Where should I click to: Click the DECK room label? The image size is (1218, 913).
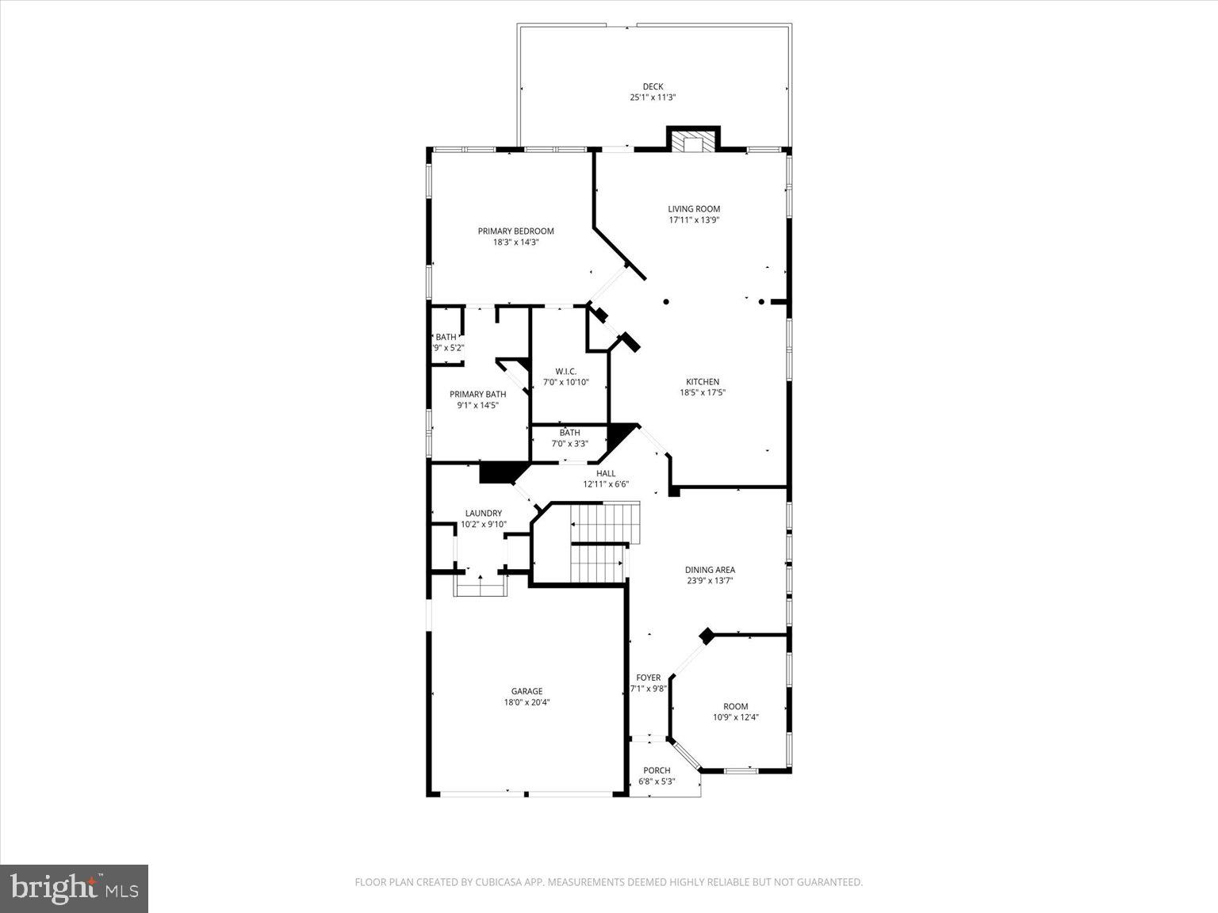[x=653, y=86]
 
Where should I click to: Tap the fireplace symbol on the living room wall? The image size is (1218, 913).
[x=693, y=141]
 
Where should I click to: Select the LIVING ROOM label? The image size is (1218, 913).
[x=694, y=209]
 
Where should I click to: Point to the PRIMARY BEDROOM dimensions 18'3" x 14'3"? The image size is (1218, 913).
[x=515, y=243]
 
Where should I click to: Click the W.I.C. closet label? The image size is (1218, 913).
[x=565, y=371]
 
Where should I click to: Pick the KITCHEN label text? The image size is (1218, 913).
[x=703, y=381]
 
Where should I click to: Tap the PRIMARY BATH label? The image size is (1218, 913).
[x=477, y=394]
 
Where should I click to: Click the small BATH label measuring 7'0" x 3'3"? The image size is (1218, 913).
[x=569, y=433]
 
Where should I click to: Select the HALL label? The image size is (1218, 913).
[x=606, y=473]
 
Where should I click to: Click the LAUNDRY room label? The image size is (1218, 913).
[x=483, y=513]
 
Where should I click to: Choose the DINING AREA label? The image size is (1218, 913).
[x=710, y=569]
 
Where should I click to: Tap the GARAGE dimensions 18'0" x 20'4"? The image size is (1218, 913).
[x=527, y=702]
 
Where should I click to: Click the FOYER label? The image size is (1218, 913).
[x=648, y=678]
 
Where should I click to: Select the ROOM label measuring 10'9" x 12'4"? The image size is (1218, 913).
[x=735, y=706]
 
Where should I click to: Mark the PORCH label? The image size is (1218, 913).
[x=657, y=770]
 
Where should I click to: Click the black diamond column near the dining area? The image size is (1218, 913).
[x=706, y=635]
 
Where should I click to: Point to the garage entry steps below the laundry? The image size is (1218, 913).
[x=480, y=586]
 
